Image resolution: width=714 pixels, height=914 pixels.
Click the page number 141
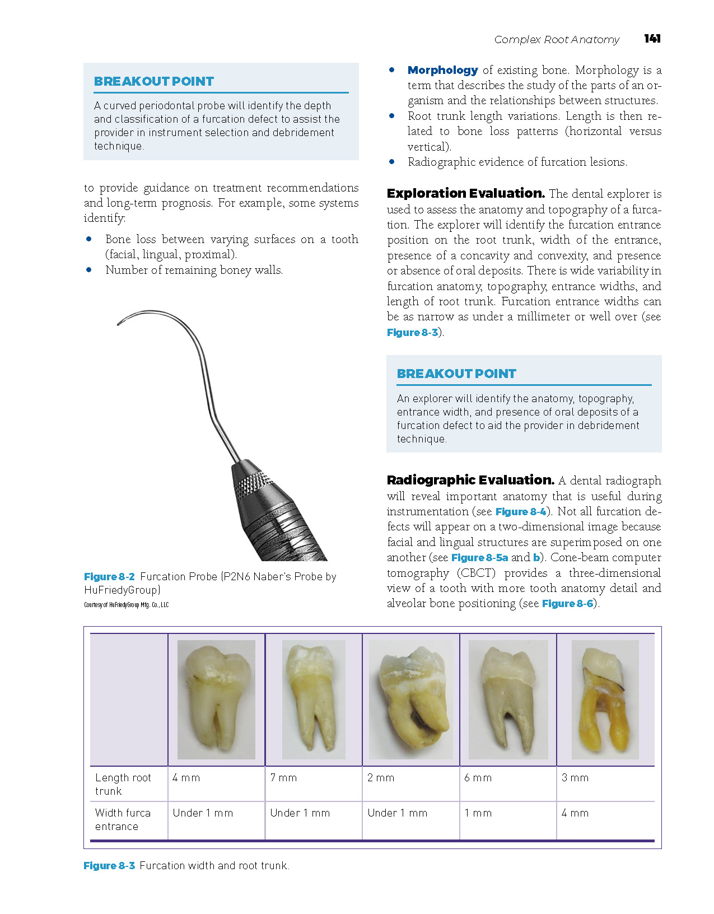coord(652,39)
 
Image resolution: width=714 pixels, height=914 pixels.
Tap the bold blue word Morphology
coord(442,70)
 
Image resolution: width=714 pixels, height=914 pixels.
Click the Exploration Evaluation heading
coord(465,193)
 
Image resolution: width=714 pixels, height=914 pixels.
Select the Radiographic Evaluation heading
coord(470,480)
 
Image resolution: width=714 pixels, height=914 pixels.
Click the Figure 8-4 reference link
coord(521,511)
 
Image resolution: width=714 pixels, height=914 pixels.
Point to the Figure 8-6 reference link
coord(567,603)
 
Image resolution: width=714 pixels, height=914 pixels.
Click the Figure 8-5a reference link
coord(479,557)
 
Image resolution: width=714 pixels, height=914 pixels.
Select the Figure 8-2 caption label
coord(109,576)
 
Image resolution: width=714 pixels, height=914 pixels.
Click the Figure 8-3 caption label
coord(109,865)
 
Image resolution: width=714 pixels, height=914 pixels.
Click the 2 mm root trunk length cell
coord(381,778)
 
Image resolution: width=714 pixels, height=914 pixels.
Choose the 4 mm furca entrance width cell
coord(575,813)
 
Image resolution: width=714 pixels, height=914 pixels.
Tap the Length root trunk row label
coord(123,784)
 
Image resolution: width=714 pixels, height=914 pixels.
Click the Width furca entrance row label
coord(123,819)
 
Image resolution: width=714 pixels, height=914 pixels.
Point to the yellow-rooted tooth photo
coord(605,700)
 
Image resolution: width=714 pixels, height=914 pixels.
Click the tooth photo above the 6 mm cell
coord(508,700)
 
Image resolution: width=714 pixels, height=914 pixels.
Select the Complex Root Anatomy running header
coord(557,39)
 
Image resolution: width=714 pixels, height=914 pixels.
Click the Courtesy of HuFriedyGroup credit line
coord(126,605)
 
